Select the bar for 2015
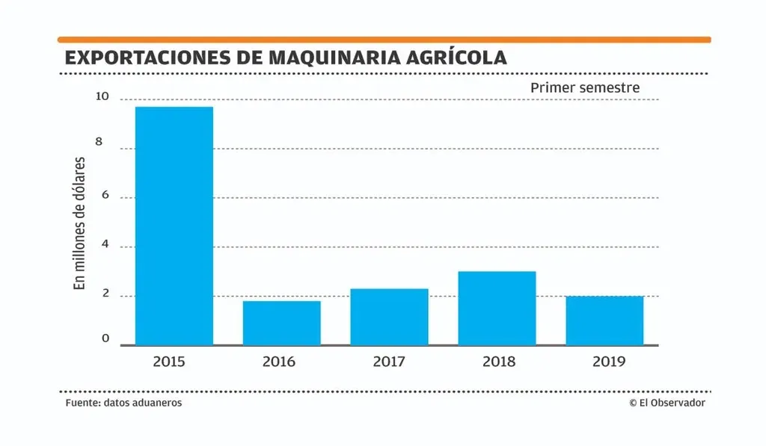pos(174,226)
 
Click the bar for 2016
pos(281,323)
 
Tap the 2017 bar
pos(389,317)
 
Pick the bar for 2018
pos(497,308)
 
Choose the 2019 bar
pos(604,320)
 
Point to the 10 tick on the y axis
pos(102,97)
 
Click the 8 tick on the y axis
pos(105,147)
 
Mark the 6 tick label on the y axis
pos(105,196)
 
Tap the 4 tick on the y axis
pos(105,245)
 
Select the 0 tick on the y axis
pos(105,338)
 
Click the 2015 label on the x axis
pos(169,362)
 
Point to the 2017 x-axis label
pos(389,362)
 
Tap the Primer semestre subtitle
pos(585,87)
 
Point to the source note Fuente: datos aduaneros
pos(123,403)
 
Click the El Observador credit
pos(667,403)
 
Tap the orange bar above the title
pos(384,40)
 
